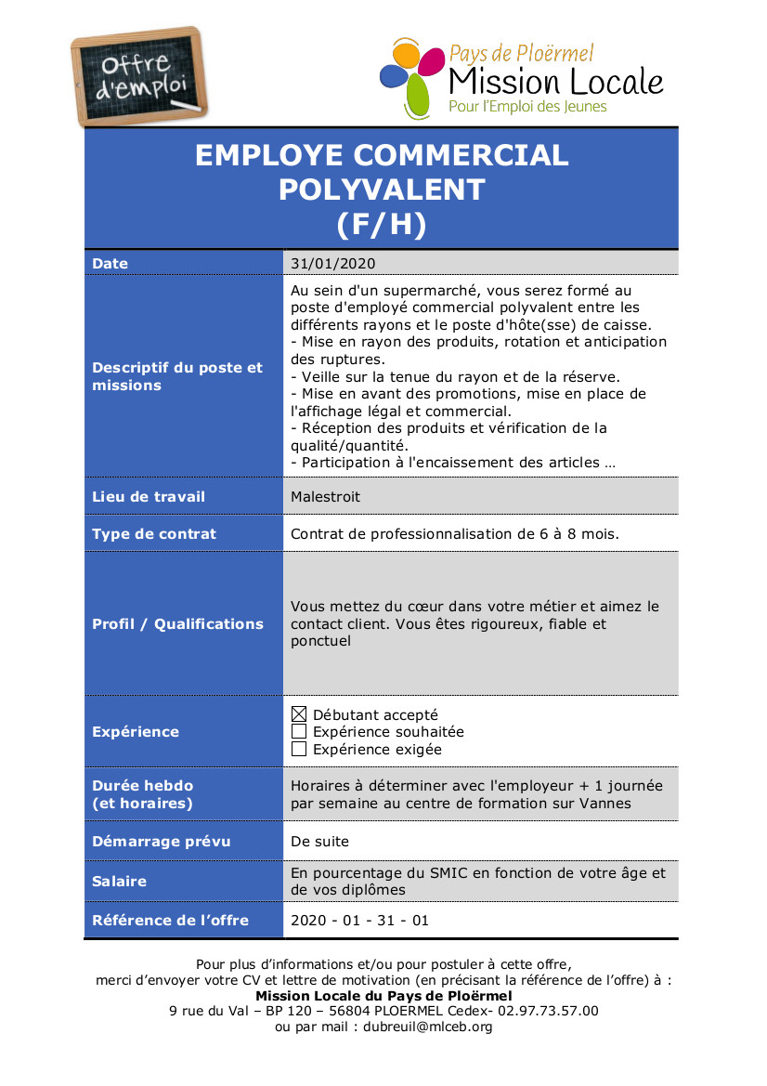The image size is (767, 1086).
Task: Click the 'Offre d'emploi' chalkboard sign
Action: [140, 77]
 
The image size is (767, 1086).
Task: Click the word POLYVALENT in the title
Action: [382, 190]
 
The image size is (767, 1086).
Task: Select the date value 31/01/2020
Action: [332, 264]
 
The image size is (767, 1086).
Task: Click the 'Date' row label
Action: [110, 264]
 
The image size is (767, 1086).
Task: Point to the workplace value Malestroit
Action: [325, 497]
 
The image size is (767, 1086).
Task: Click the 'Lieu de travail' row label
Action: [149, 497]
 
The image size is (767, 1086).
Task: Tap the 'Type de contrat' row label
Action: [154, 534]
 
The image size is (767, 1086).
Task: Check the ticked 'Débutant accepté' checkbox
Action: [299, 714]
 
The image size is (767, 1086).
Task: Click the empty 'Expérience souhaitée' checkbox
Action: [299, 732]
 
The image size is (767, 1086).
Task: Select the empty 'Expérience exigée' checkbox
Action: [299, 749]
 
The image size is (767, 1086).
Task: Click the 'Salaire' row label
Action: [119, 881]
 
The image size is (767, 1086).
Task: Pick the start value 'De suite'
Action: [319, 842]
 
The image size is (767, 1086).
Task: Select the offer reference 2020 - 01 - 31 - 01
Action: [360, 921]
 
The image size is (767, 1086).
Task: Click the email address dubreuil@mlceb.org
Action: [428, 1027]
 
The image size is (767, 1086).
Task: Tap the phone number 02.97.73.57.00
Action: [548, 1011]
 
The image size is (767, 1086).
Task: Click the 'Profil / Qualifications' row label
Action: [177, 624]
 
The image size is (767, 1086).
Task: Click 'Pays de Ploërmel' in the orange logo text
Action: [521, 54]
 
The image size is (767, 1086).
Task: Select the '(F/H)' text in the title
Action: [382, 225]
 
